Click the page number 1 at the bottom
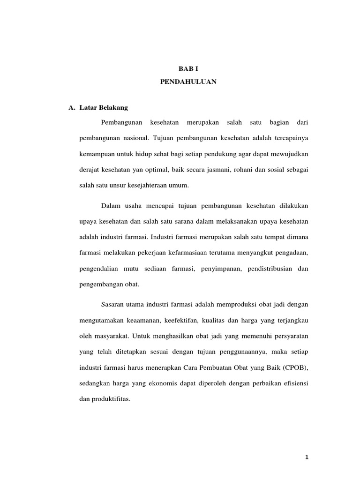pyautogui.click(x=307, y=457)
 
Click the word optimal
pyautogui.click(x=157, y=169)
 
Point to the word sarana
pyautogui.click(x=168, y=221)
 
